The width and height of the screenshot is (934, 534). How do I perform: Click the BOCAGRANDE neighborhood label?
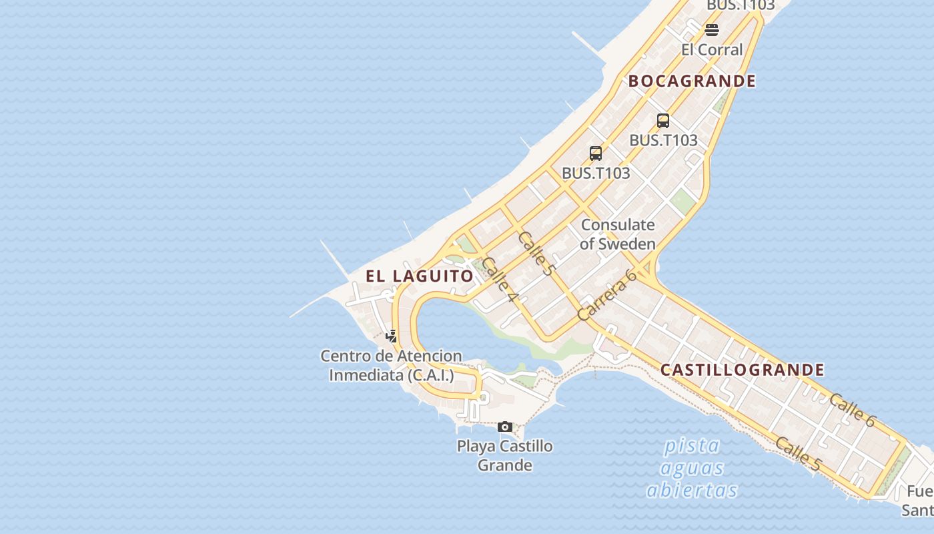[x=692, y=81]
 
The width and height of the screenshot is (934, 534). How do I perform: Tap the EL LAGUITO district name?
[x=419, y=276]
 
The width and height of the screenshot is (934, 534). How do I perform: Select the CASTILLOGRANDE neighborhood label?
[x=742, y=370]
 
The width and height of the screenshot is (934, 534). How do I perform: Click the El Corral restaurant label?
[x=711, y=49]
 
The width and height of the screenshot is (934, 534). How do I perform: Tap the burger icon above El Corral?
[x=712, y=30]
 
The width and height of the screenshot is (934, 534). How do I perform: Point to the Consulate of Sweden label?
[x=618, y=234]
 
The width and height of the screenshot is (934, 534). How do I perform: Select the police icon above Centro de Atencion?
[x=392, y=336]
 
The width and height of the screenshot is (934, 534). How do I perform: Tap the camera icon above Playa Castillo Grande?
[x=505, y=427]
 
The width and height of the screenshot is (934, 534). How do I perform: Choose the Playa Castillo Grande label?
[x=505, y=455]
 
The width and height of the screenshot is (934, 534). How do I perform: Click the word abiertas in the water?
[x=692, y=490]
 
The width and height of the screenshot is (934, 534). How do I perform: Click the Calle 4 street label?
[x=500, y=279]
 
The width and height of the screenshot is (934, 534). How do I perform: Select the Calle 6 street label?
[x=852, y=410]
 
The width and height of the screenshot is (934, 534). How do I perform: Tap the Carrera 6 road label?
[x=607, y=294]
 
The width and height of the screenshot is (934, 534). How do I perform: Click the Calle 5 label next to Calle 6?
[x=798, y=453]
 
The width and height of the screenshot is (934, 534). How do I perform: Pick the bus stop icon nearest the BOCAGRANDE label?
[x=662, y=121]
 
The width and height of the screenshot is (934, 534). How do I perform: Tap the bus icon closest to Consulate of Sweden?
[x=596, y=154]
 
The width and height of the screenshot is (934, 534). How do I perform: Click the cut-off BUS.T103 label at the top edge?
[x=741, y=5]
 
